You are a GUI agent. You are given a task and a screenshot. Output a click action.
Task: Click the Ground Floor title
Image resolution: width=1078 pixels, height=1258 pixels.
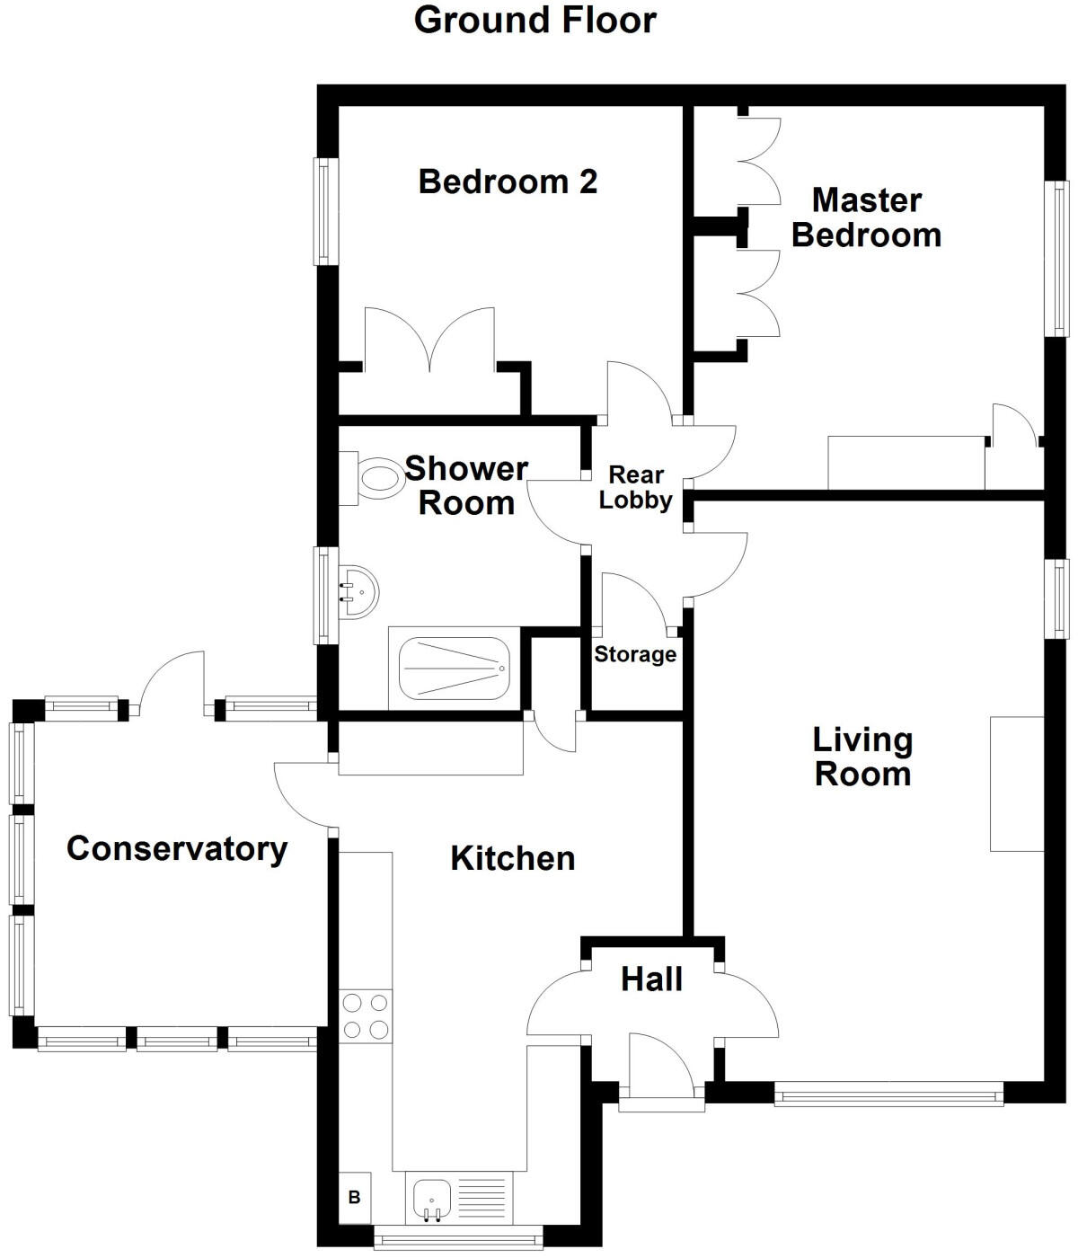(535, 20)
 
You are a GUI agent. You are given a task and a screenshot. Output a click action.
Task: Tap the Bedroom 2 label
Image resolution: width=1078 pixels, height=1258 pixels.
(508, 182)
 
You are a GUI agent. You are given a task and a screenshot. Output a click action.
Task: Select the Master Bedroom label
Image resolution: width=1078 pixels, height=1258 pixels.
(866, 217)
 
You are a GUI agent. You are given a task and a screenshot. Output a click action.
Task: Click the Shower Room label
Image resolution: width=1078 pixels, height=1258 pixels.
(466, 485)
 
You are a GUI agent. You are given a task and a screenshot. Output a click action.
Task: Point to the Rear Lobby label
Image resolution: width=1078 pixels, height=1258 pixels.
(635, 487)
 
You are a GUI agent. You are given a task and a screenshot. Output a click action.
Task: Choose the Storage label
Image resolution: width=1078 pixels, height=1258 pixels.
(635, 654)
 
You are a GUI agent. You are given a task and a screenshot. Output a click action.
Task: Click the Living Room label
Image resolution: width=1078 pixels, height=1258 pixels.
(862, 757)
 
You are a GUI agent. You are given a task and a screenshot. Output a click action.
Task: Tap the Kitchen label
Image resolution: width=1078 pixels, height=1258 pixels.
(512, 858)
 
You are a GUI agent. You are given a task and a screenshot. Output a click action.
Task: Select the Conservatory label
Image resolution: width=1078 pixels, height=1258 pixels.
(177, 848)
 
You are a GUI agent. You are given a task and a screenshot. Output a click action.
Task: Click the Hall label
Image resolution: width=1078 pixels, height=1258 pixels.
(651, 979)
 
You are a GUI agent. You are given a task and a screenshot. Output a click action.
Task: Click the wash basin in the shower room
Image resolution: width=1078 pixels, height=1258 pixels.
(358, 592)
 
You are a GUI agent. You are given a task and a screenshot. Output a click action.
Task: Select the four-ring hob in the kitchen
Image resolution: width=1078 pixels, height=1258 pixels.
(366, 1016)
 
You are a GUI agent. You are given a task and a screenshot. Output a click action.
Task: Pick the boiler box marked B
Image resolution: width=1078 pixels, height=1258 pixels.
(355, 1198)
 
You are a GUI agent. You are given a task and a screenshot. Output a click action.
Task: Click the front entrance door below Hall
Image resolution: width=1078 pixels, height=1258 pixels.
(660, 1069)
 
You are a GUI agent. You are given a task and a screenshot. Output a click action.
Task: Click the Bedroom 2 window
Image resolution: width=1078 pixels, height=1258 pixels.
(325, 212)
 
